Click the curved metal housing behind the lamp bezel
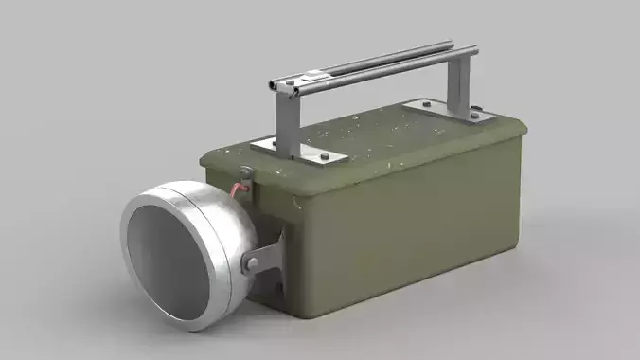pos(237,227)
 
